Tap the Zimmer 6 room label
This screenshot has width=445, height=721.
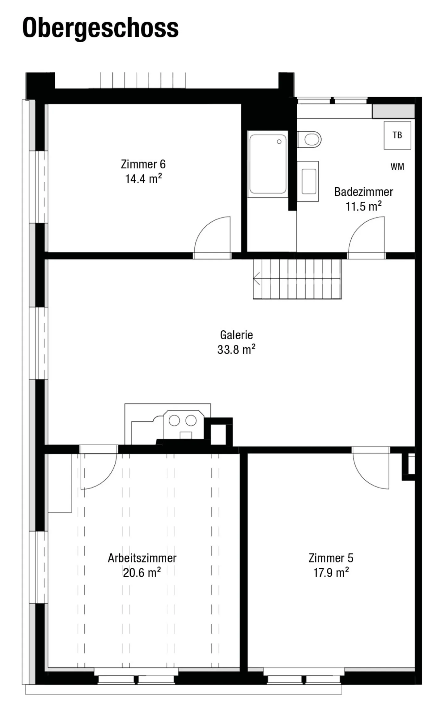143,164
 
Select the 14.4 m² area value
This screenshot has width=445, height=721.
143,179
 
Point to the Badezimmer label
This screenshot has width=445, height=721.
364,192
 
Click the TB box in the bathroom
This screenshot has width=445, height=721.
397,135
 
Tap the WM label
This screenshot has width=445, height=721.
397,167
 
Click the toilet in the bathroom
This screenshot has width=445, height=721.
309,139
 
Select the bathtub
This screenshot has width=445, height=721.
268,164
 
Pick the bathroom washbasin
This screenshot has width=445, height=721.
308,181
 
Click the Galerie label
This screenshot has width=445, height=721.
236,335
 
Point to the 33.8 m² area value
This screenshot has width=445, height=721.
236,349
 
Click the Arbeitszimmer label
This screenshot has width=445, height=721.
142,558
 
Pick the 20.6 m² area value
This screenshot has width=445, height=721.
142,572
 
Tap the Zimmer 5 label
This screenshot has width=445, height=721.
331,558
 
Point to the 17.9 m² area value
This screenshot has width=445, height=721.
331,572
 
